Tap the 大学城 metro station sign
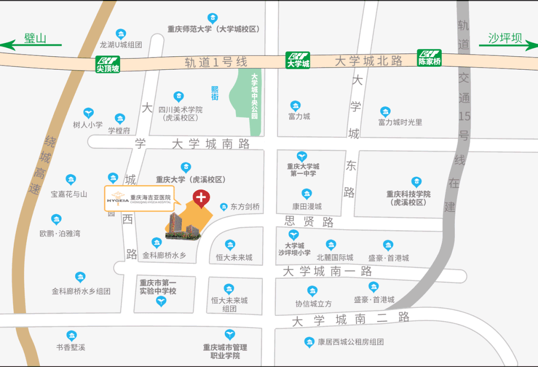[x=298, y=60]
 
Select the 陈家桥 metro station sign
[x=430, y=58]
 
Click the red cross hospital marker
[x=201, y=199]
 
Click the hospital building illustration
[x=184, y=227]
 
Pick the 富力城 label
[x=299, y=117]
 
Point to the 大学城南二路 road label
[x=351, y=319]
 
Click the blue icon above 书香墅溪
[x=72, y=336]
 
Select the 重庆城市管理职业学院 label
[x=225, y=352]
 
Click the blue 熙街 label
[x=215, y=93]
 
